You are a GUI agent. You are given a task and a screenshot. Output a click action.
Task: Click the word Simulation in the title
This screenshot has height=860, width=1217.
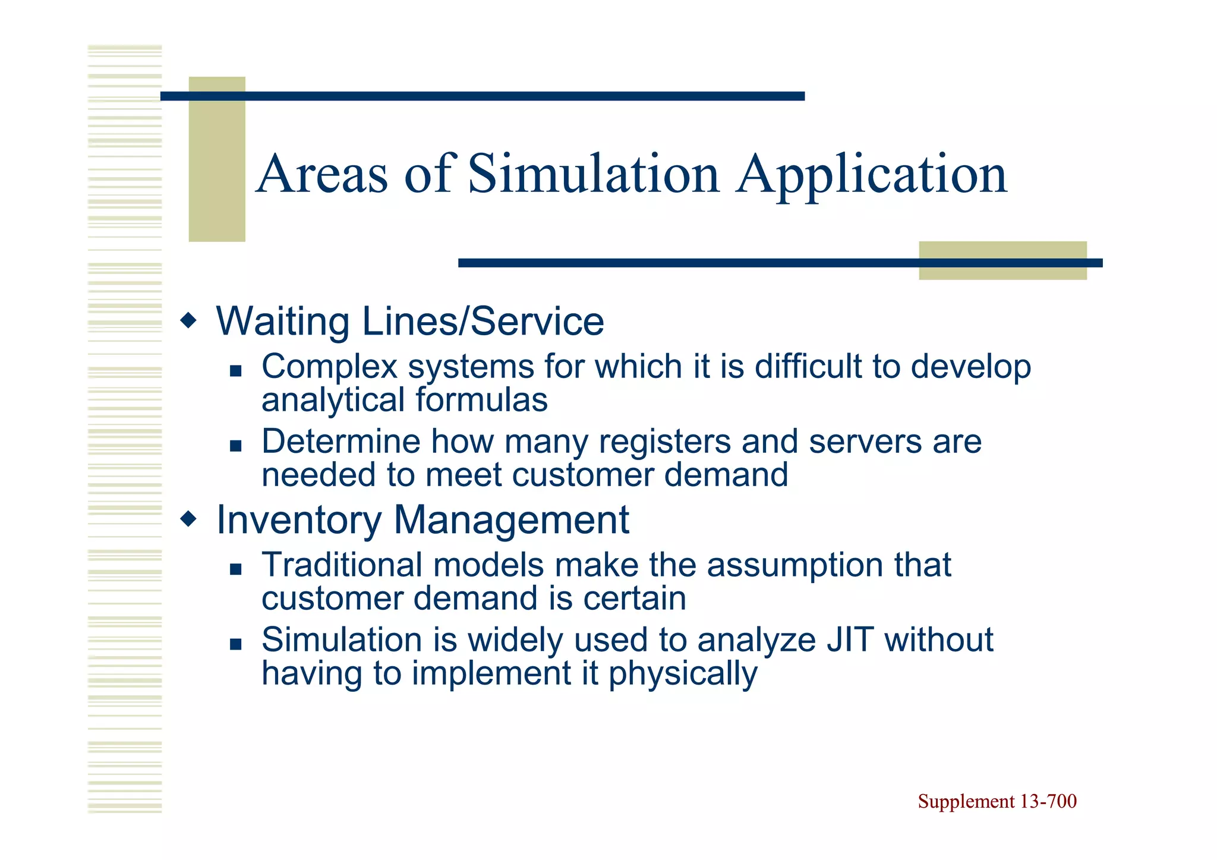[593, 174]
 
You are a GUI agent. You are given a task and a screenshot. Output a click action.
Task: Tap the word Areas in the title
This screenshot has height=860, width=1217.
[322, 174]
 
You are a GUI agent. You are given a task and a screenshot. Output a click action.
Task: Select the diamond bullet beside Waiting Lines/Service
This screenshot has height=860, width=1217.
[188, 322]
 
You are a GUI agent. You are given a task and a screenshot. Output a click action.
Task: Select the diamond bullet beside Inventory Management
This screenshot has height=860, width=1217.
[188, 520]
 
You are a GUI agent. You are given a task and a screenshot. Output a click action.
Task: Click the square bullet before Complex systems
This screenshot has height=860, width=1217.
[236, 371]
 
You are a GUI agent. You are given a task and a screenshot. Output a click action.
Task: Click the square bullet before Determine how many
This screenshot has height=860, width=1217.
[236, 446]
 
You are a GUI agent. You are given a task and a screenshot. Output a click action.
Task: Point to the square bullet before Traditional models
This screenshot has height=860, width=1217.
[236, 569]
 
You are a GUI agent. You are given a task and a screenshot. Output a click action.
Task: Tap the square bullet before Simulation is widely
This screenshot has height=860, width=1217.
[236, 644]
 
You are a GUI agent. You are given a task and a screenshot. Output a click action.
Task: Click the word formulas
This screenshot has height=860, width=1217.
[481, 399]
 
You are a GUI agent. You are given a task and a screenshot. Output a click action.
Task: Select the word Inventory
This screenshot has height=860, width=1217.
[299, 520]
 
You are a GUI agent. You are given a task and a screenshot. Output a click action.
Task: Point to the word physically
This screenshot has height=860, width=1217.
[683, 674]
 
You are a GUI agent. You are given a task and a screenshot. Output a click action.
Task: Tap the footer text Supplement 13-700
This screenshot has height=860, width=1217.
[997, 801]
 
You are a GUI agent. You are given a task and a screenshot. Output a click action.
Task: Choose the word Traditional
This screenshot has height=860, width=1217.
[342, 565]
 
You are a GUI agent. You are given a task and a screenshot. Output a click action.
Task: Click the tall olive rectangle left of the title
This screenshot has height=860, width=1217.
[217, 159]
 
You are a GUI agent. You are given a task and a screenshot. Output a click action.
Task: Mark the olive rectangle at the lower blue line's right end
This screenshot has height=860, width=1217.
[1002, 260]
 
